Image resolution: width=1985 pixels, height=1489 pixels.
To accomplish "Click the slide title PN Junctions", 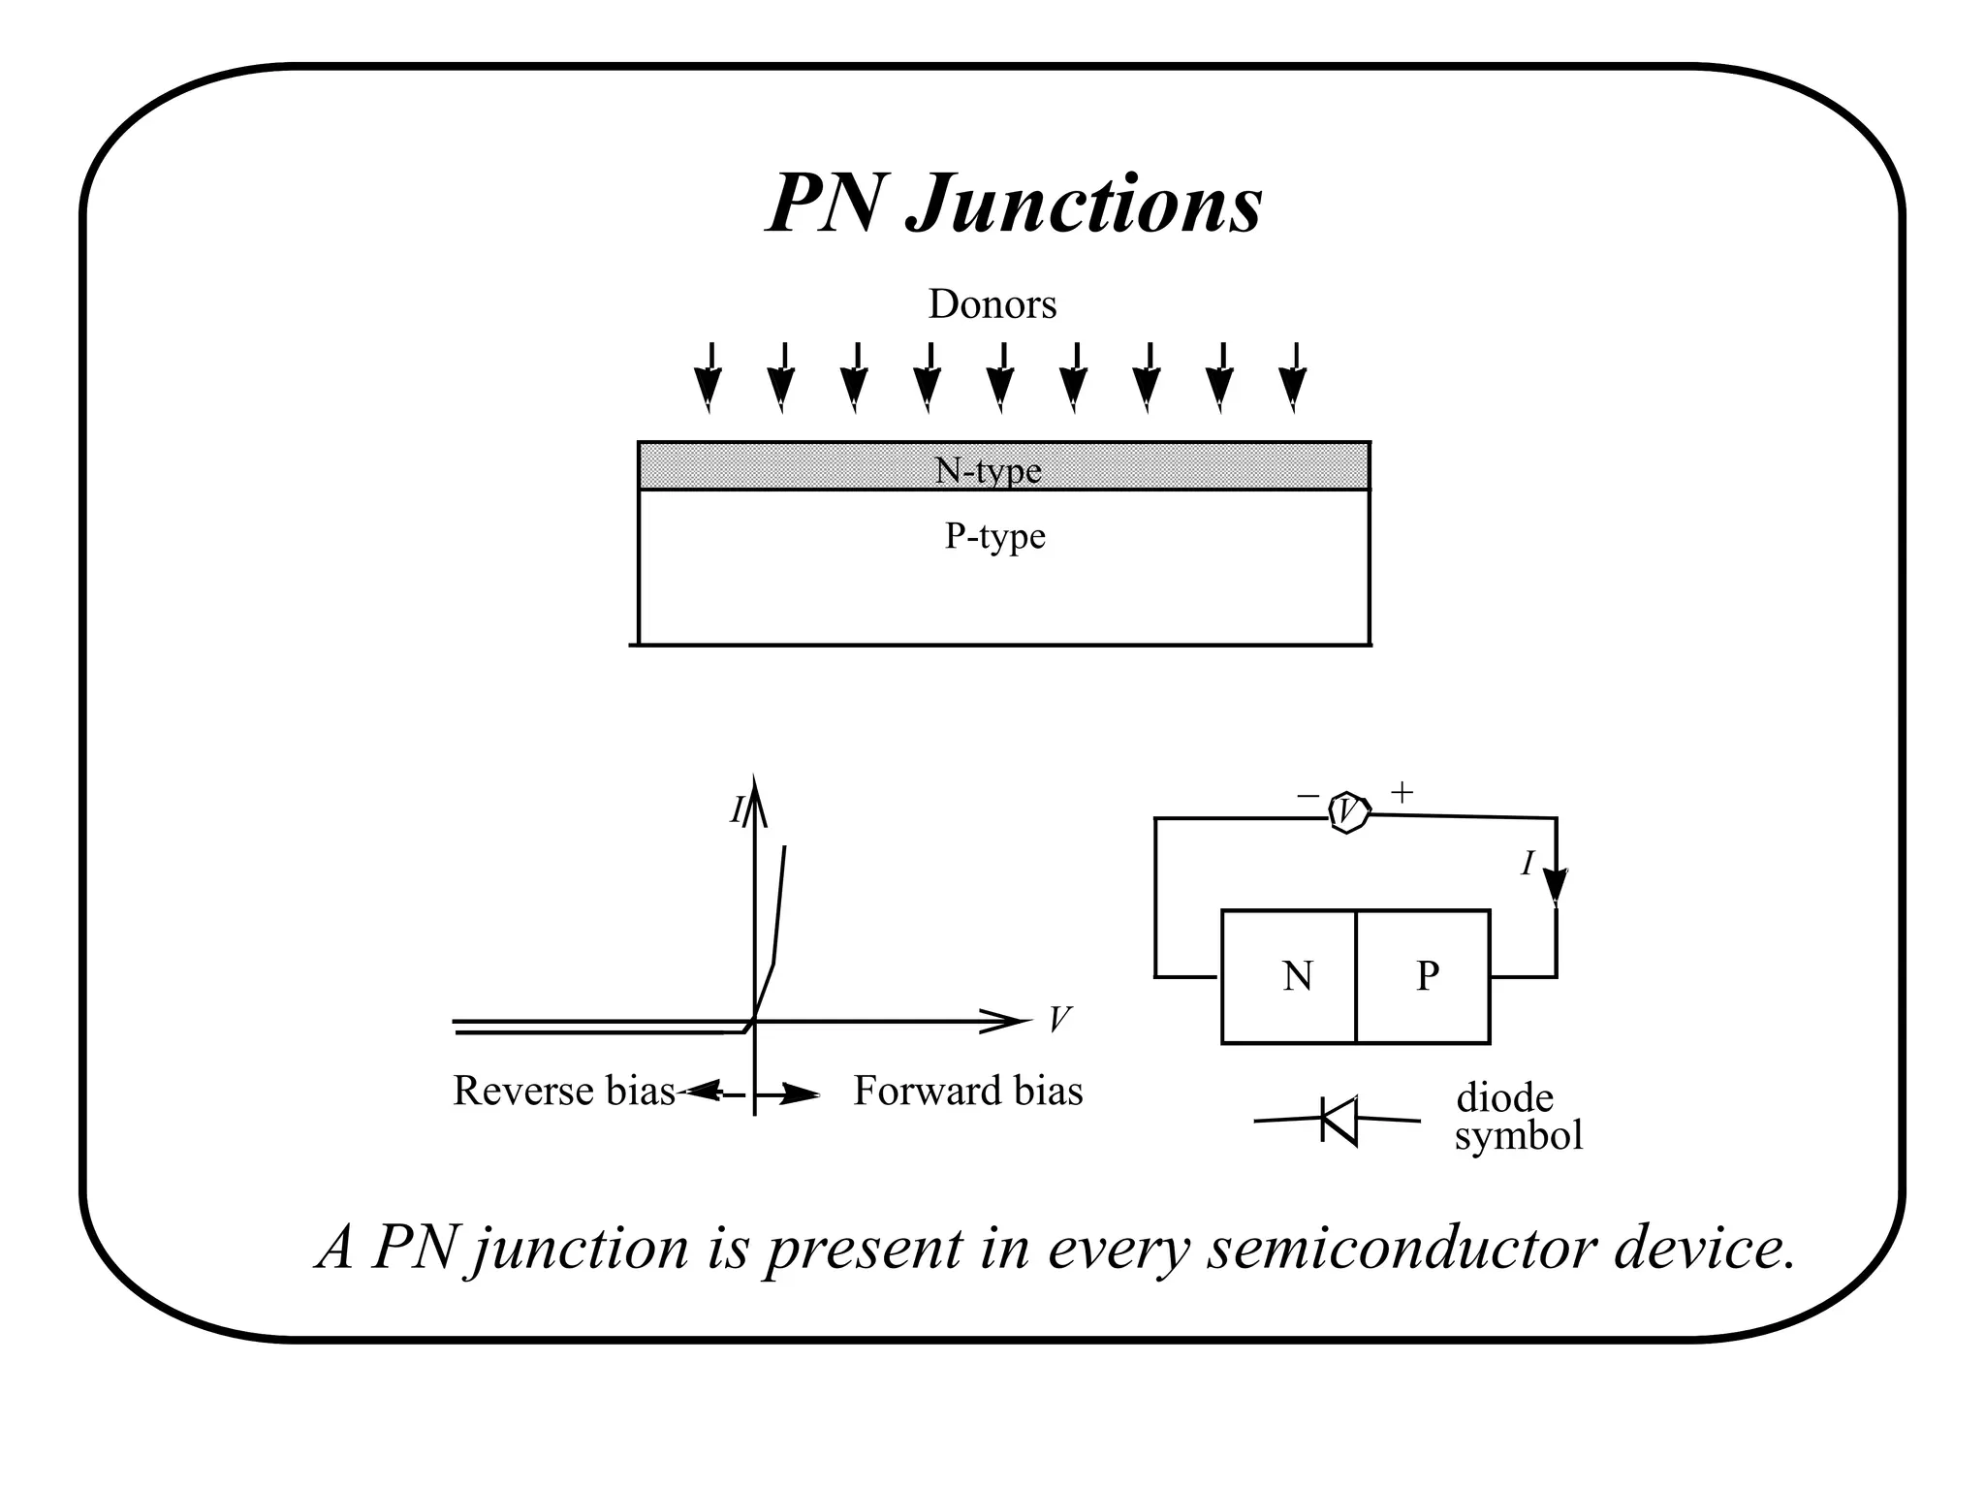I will [1014, 204].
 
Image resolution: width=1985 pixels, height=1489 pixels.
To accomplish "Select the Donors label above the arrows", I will [992, 304].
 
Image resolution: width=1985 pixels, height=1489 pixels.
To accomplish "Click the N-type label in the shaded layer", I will [988, 470].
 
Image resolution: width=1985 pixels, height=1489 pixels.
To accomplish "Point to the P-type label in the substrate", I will [994, 536].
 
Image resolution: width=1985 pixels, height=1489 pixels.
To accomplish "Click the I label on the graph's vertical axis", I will [737, 810].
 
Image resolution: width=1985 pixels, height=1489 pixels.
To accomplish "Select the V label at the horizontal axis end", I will [1059, 1019].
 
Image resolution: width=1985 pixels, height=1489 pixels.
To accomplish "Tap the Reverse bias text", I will [563, 1092].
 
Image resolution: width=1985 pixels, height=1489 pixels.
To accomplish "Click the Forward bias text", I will [967, 1092].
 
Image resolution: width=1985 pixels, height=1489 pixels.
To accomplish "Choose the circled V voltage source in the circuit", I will [1348, 812].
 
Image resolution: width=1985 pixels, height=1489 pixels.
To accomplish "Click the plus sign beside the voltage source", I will [1402, 793].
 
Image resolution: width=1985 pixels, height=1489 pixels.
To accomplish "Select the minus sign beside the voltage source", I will [1308, 796].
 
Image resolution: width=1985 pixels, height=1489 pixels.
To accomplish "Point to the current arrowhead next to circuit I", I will [1555, 885].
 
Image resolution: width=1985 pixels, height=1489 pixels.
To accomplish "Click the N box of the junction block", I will [1290, 976].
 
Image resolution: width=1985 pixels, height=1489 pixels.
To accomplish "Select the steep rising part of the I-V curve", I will [778, 906].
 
